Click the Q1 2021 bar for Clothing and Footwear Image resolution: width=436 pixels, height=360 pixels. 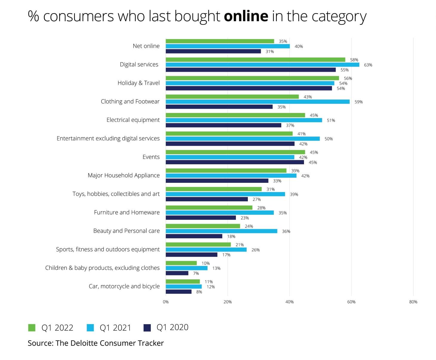coord(257,102)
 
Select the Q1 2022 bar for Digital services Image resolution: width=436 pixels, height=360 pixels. coord(255,60)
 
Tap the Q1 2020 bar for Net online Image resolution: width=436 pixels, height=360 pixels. coord(213,51)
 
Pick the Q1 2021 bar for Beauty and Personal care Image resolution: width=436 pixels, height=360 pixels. coord(221,231)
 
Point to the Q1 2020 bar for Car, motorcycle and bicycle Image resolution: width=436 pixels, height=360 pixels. coord(179,292)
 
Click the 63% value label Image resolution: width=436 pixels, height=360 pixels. coord(368,65)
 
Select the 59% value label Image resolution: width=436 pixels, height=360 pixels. coord(358,102)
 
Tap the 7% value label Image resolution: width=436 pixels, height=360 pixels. coord(196,273)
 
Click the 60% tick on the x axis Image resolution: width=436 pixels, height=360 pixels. coord(351,302)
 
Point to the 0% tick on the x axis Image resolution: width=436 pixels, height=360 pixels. coord(166,302)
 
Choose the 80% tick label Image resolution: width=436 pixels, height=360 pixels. coord(413,302)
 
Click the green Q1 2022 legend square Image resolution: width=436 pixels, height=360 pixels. coord(32,328)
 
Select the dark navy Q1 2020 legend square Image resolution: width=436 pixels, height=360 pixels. coord(147,328)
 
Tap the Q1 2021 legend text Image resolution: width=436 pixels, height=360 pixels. coord(115,328)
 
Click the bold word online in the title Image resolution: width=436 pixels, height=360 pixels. coord(246,16)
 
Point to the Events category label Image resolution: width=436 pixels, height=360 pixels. coord(151,157)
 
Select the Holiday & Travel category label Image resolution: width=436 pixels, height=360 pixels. coord(139,83)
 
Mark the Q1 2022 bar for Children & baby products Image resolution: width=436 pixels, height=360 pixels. coord(181,263)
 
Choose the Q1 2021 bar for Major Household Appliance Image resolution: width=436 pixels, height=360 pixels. coord(231,176)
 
